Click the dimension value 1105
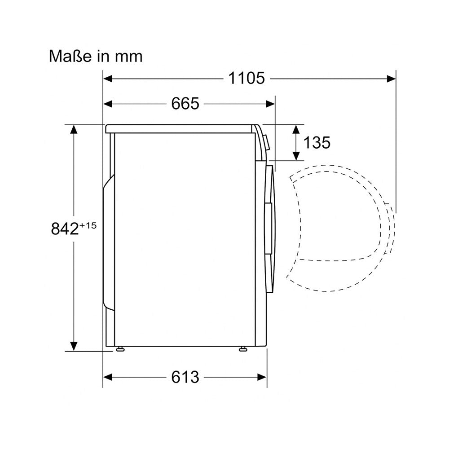247,78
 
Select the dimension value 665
185,103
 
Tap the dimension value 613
185,377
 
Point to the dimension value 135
317,142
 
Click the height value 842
65,229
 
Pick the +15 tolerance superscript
88,226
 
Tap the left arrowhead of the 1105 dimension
108,79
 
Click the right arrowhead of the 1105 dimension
391,79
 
